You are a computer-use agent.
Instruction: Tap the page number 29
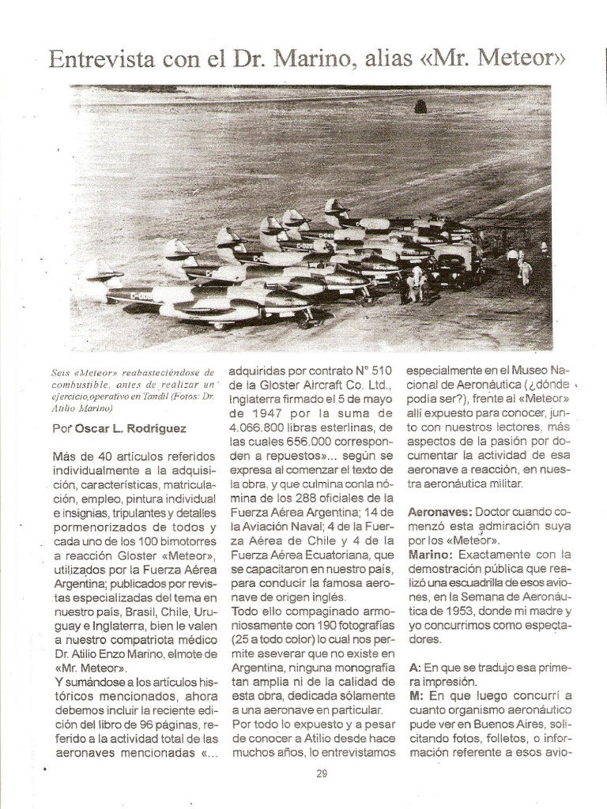(x=322, y=773)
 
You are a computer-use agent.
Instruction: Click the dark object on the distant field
(x=420, y=105)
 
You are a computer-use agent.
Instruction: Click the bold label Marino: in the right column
(x=430, y=555)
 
